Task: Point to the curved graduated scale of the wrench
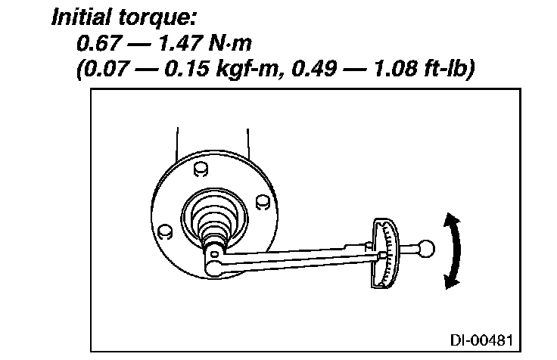[x=388, y=253]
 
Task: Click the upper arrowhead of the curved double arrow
[x=452, y=220]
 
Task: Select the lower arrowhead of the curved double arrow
[x=450, y=281]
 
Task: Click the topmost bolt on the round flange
[x=201, y=166]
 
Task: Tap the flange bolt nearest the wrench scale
[x=261, y=201]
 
